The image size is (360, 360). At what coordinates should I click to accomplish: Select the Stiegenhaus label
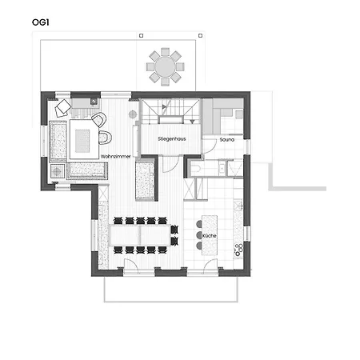pos(172,138)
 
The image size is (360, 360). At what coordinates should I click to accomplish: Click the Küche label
pos(210,236)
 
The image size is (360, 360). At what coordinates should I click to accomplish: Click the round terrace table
pos(164,66)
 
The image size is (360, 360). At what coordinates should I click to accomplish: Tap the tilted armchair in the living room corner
pos(63,110)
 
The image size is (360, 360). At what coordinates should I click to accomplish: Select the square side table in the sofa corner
pos(95,102)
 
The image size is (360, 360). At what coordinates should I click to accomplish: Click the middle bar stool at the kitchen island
pos(197,235)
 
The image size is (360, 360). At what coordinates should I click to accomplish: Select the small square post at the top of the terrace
pos(141,36)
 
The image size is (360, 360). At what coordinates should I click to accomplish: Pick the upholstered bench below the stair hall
pos(145,181)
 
